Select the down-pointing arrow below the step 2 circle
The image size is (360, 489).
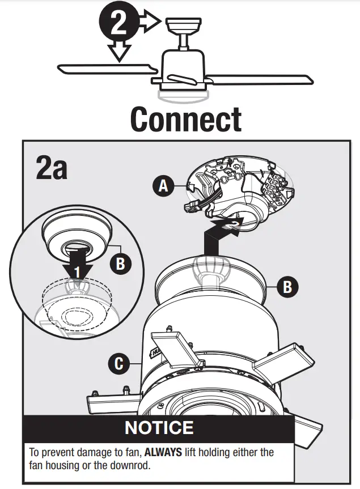(119, 51)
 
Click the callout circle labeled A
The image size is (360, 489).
(163, 186)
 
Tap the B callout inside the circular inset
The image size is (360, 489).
(120, 263)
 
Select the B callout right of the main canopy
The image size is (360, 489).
(287, 287)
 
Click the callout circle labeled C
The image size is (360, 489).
(118, 363)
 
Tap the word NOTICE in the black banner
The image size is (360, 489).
(159, 427)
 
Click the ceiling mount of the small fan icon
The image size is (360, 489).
(183, 25)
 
